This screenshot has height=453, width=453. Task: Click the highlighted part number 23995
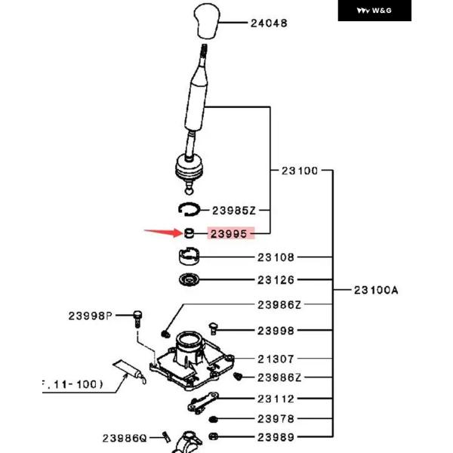point(230,234)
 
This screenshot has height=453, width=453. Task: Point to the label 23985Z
point(234,211)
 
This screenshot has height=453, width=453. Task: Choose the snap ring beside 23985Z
point(189,209)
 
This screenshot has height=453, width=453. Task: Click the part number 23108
point(276,257)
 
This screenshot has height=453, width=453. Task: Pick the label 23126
point(276,280)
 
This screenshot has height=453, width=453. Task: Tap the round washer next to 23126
point(189,282)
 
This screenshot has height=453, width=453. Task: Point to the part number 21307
point(276,359)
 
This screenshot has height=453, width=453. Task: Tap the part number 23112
point(276,399)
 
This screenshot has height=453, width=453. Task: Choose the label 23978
point(276,418)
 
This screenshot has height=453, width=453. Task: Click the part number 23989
point(276,436)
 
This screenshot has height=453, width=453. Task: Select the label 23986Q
point(124,437)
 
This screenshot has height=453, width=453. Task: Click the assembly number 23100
point(299,171)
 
